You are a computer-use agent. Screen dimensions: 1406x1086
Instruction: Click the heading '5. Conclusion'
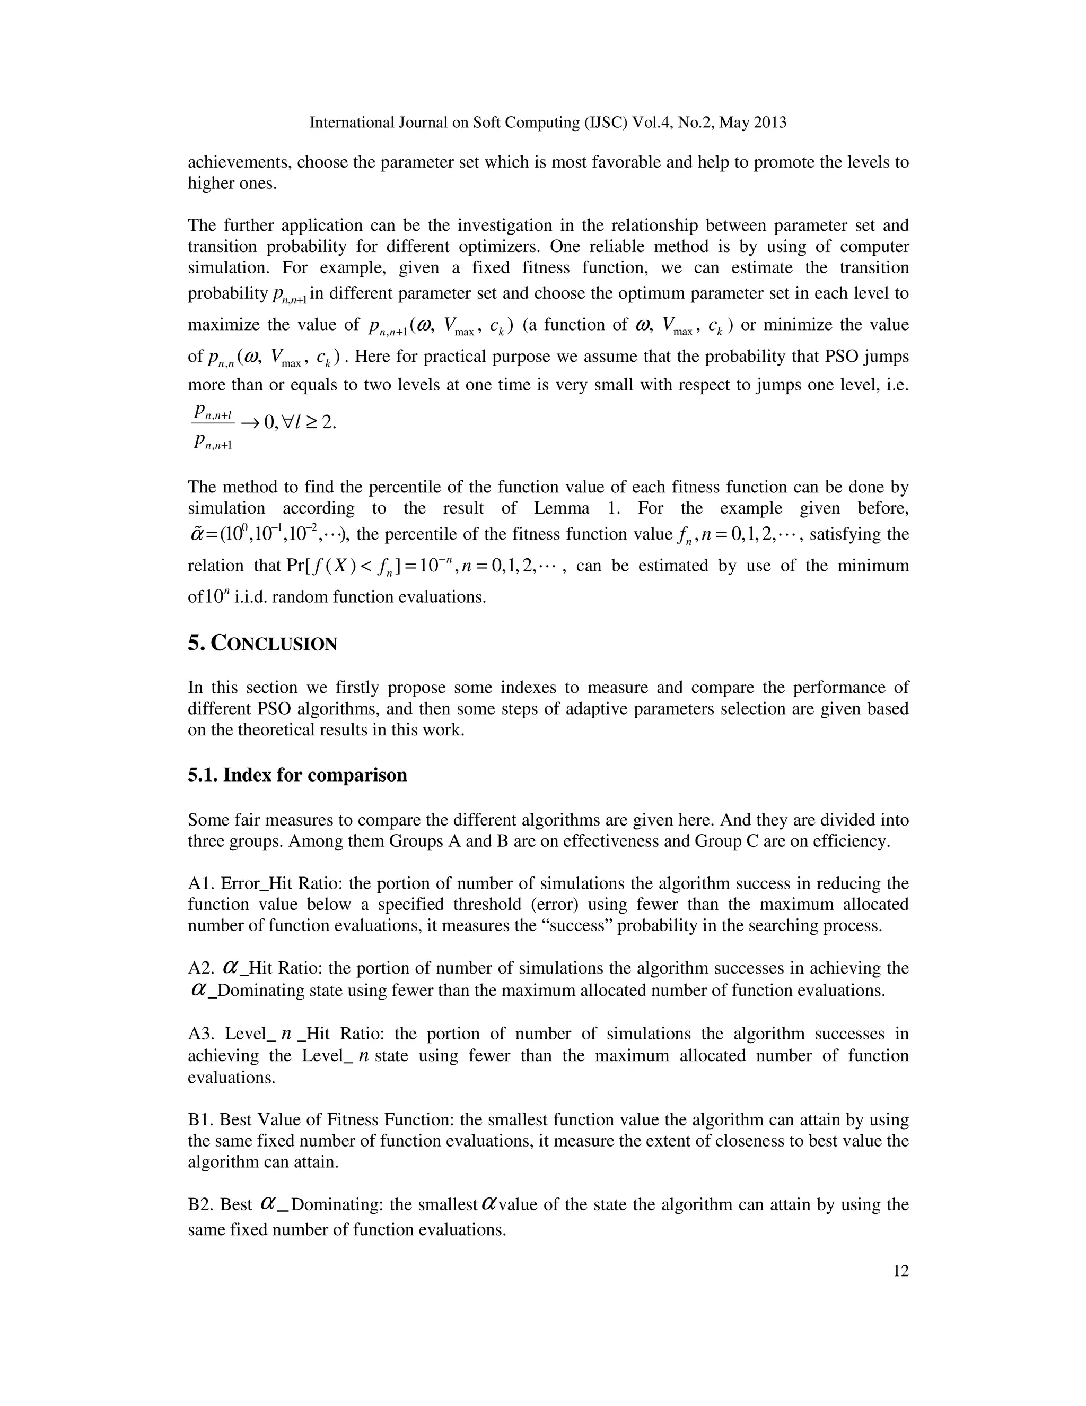[262, 643]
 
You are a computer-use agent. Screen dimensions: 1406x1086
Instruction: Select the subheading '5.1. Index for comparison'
[297, 775]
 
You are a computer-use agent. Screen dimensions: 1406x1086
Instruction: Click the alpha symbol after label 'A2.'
[230, 967]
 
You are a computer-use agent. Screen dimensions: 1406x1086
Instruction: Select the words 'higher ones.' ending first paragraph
[232, 183]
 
